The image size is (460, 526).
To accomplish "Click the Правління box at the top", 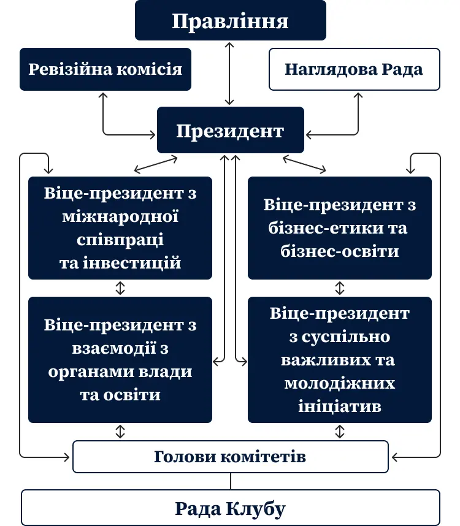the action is [230, 20].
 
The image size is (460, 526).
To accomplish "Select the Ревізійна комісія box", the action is [105, 69].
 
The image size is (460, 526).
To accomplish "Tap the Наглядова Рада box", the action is [355, 69].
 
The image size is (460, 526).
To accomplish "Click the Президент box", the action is [231, 130].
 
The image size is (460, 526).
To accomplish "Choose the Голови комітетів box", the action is [231, 457].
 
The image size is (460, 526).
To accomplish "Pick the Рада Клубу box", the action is [231, 508].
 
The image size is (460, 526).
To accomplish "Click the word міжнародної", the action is [120, 216].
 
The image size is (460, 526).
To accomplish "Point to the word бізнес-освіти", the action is [340, 251].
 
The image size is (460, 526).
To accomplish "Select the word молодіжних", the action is [340, 383].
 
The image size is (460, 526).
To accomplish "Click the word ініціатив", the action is [340, 406].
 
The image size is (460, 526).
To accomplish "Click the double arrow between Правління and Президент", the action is [229, 74].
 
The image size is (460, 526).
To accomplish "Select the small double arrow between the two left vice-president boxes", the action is [120, 288].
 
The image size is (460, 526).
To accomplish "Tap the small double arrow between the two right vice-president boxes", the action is [340, 288].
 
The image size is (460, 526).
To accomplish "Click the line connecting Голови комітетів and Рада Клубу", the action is [231, 481].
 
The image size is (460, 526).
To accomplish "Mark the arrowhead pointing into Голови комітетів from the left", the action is [67, 457].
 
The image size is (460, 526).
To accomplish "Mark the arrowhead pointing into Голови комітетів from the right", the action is [394, 457].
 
